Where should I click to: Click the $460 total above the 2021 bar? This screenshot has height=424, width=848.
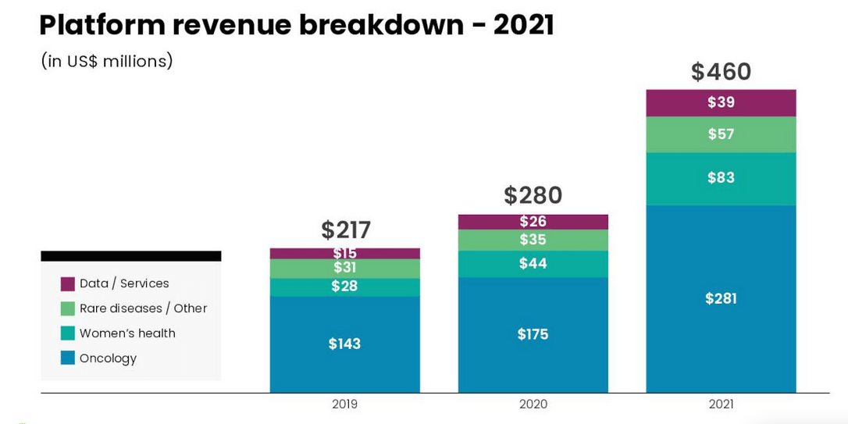721,72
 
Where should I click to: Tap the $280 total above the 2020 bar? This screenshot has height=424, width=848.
533,195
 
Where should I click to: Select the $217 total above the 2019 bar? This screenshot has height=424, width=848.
345,230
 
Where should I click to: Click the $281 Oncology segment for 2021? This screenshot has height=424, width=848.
721,298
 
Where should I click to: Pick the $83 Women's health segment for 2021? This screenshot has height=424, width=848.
721,178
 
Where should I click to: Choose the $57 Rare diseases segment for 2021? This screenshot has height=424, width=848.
721,134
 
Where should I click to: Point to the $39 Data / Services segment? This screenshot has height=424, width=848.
721,102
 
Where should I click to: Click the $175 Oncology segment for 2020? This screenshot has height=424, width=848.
533,334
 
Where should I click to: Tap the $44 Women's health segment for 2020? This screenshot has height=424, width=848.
533,264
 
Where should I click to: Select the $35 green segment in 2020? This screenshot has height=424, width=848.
533,240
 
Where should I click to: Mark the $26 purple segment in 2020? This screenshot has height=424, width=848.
533,222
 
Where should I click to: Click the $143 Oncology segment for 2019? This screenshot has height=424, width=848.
344,344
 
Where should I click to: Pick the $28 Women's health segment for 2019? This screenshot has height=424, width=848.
344,287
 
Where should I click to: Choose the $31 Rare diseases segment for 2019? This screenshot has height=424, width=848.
344,268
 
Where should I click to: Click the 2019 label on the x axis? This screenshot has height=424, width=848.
344,404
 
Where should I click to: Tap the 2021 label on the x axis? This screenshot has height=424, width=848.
721,404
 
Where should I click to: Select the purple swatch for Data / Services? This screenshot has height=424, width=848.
68,284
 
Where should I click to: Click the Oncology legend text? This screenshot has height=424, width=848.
108,358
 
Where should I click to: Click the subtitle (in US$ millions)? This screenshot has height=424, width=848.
106,61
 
